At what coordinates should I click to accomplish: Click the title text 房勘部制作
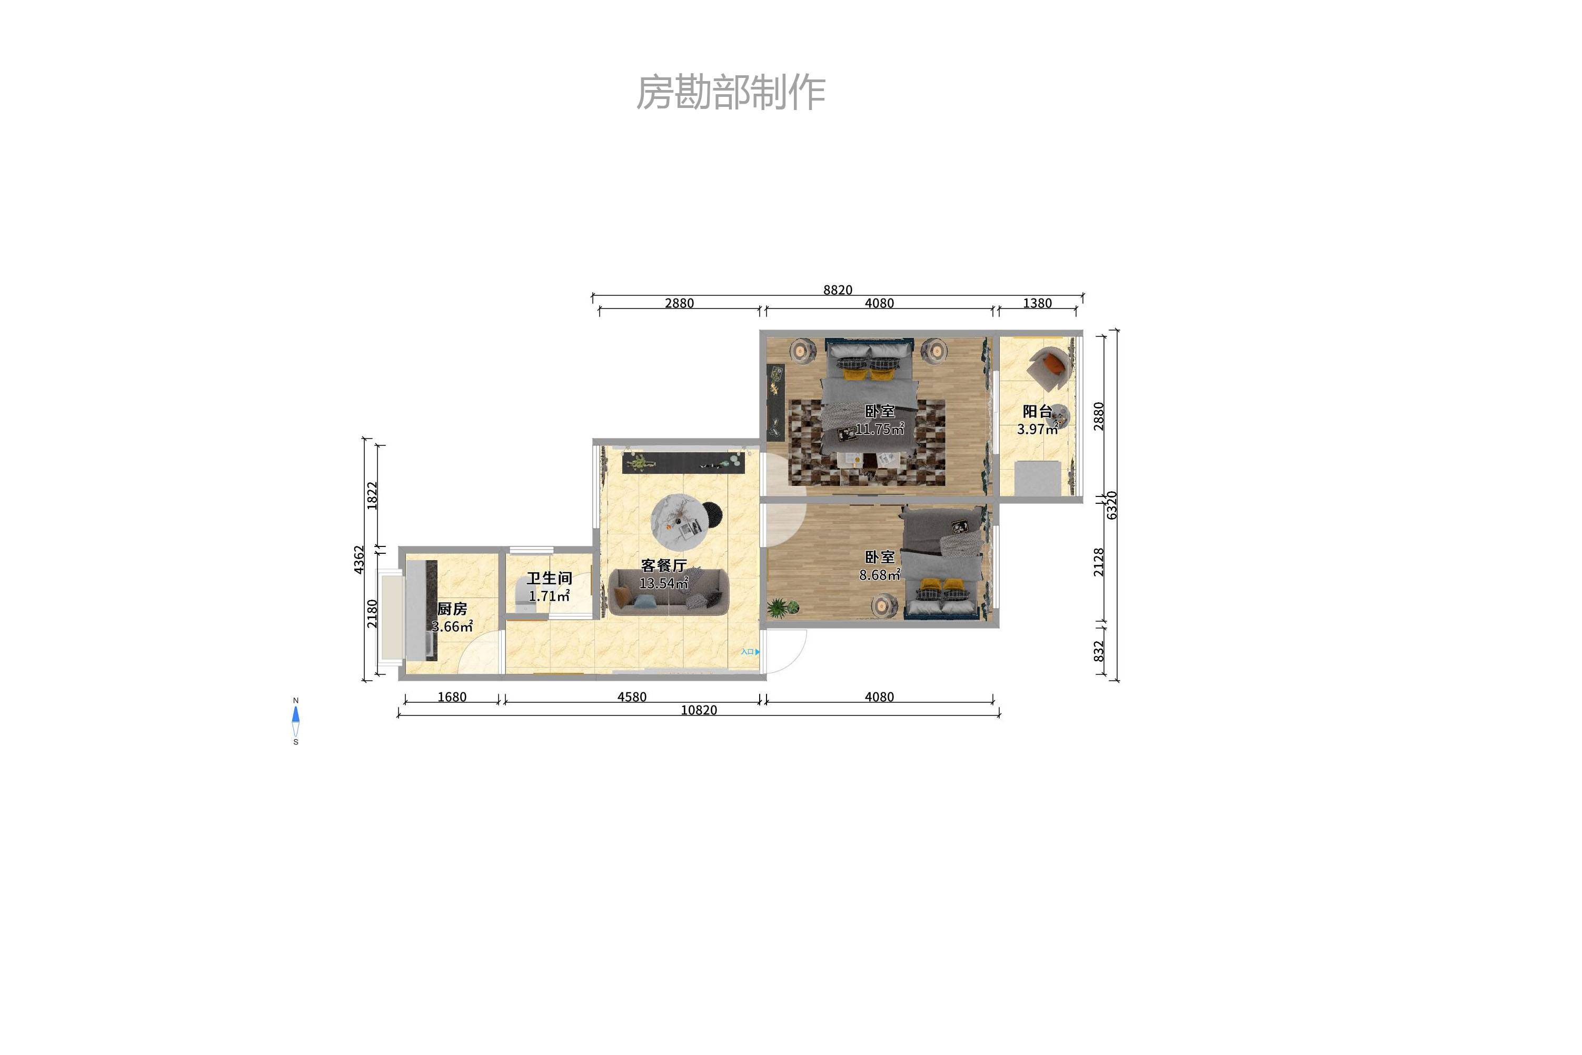731,93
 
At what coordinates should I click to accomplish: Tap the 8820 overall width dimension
837,290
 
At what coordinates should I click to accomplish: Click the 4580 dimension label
631,697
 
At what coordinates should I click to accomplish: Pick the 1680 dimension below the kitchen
452,697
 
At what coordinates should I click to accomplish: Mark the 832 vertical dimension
1098,651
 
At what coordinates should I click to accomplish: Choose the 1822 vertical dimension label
372,495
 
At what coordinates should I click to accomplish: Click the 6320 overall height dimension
1112,505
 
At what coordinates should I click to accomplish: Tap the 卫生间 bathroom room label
549,578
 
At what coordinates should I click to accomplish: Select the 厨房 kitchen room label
452,609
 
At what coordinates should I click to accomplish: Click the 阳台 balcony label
1037,411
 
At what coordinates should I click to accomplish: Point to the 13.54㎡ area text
663,583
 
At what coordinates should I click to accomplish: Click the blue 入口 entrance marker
750,651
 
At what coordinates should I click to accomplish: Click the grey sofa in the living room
668,593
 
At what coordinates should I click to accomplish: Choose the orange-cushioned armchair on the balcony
1050,367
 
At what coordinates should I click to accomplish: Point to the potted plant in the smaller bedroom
781,608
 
